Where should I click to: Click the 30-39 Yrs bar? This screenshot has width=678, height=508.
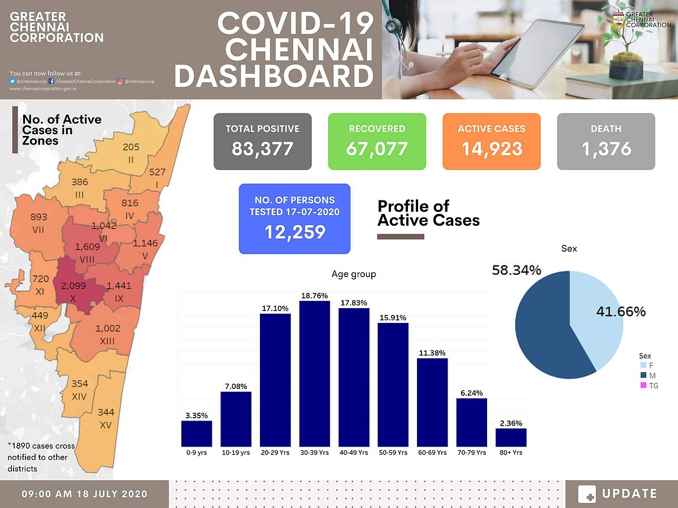[x=315, y=373]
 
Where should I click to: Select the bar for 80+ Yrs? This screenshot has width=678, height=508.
[x=511, y=437]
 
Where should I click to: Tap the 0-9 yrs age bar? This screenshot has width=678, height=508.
[x=197, y=433]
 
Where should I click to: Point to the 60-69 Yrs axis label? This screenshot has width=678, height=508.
[x=432, y=453]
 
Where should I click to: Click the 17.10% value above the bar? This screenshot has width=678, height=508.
[x=275, y=308]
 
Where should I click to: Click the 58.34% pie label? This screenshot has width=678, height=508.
[x=517, y=270]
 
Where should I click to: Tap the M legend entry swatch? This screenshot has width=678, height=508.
[x=643, y=376]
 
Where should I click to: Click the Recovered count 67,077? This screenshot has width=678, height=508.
[x=377, y=149]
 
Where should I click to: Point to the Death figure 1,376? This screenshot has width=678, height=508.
[x=606, y=149]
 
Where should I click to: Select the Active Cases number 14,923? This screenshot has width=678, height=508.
[x=491, y=149]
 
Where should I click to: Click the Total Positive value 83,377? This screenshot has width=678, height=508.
[x=262, y=149]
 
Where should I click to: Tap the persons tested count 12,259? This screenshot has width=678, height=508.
[x=294, y=232]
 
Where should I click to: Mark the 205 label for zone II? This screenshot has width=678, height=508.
[x=131, y=147]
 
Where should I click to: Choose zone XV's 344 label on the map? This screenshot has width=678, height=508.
[x=106, y=413]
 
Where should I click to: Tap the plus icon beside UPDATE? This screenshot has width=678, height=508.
[x=587, y=494]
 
